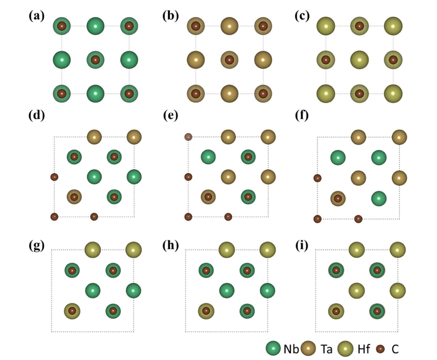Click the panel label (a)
pyautogui.click(x=37, y=16)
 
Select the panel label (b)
pyautogui.click(x=171, y=16)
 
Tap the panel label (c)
pyautogui.click(x=302, y=16)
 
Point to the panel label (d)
pyautogui.click(x=37, y=115)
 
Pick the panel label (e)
pyautogui.click(x=170, y=115)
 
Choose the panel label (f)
pyautogui.click(x=302, y=115)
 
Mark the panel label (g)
pyautogui.click(x=37, y=246)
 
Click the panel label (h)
pyautogui.click(x=171, y=246)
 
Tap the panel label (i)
pyautogui.click(x=301, y=246)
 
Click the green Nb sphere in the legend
pyautogui.click(x=273, y=349)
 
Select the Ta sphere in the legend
pyautogui.click(x=308, y=349)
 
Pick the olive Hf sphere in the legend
pyautogui.click(x=345, y=349)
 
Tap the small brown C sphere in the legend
pyautogui.click(x=380, y=349)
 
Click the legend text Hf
pyautogui.click(x=364, y=349)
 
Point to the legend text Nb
pyautogui.click(x=291, y=349)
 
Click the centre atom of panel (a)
pyautogui.click(x=95, y=60)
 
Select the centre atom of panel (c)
pyautogui.click(x=360, y=60)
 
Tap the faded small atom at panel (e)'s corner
pyautogui.click(x=188, y=137)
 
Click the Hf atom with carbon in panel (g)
pyautogui.click(x=72, y=311)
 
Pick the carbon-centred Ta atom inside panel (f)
pyautogui.click(x=338, y=199)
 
